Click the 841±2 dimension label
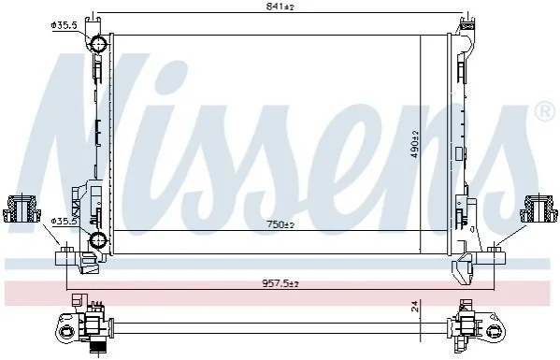pos(280,6)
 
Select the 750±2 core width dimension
pos(280,224)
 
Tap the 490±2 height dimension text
pos(415,144)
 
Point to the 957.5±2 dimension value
pos(280,283)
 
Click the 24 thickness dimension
pos(415,307)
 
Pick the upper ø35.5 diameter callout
pos(65,25)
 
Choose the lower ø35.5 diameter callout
pos(65,221)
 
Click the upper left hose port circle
pos(98,44)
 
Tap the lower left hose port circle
pos(98,239)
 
